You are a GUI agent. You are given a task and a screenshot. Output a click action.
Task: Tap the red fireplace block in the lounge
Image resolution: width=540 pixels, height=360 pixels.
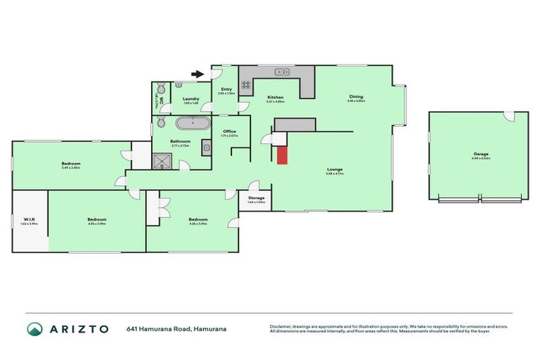click(282, 155)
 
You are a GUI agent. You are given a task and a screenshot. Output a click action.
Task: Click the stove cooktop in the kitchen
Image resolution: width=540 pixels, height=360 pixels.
click(247, 86)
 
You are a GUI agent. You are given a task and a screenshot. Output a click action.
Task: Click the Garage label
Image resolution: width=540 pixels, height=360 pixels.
click(481, 154)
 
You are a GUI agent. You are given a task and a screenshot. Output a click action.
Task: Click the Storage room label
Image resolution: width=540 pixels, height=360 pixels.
click(256, 198)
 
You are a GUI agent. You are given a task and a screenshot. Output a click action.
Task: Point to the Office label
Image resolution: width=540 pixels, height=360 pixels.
click(229, 131)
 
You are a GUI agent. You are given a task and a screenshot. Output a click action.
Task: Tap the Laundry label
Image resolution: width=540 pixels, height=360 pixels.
click(191, 99)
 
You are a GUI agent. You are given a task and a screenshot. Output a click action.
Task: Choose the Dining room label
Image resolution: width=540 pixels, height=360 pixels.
click(357, 97)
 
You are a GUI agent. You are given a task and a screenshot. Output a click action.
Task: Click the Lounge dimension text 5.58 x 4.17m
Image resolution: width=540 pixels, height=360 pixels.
click(335, 174)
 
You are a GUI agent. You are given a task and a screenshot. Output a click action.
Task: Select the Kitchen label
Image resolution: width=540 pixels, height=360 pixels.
click(275, 97)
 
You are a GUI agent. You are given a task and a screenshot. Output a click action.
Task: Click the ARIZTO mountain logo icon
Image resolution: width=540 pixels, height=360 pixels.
click(34, 328)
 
